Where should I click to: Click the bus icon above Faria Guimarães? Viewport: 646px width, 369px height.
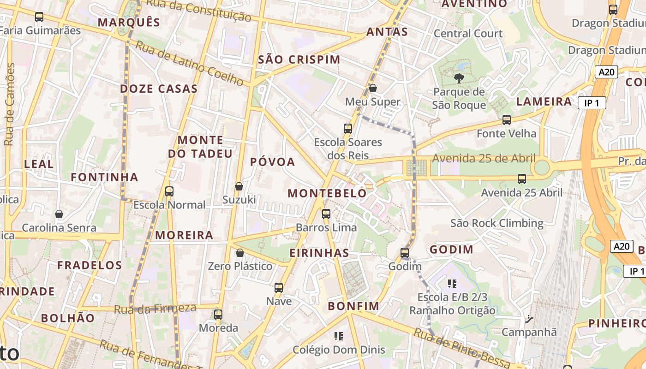pyautogui.click(x=39, y=17)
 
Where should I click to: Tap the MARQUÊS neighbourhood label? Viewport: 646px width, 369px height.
pyautogui.click(x=129, y=22)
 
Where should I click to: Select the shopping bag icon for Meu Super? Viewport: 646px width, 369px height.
pyautogui.click(x=372, y=88)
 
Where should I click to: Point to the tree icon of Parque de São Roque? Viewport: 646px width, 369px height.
pyautogui.click(x=459, y=78)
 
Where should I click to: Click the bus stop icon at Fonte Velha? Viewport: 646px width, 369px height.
pyautogui.click(x=507, y=120)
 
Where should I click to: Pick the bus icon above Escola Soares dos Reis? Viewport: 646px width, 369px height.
pyautogui.click(x=348, y=129)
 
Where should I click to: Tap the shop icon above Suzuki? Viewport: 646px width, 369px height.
pyautogui.click(x=239, y=186)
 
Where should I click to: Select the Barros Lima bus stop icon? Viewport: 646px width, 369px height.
pyautogui.click(x=326, y=214)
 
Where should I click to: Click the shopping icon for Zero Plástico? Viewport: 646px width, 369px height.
pyautogui.click(x=239, y=253)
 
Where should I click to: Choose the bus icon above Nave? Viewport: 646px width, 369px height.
pyautogui.click(x=279, y=288)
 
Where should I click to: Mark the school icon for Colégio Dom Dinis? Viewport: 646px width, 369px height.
pyautogui.click(x=339, y=336)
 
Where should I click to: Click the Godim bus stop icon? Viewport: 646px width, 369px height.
pyautogui.click(x=405, y=253)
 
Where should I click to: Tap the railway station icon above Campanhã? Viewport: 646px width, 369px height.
pyautogui.click(x=529, y=319)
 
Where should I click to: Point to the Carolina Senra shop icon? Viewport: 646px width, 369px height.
pyautogui.click(x=59, y=214)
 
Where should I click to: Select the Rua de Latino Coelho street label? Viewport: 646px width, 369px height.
pyautogui.click(x=189, y=64)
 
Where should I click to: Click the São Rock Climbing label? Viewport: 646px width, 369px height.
pyautogui.click(x=496, y=223)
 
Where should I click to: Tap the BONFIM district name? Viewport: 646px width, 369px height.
pyautogui.click(x=353, y=306)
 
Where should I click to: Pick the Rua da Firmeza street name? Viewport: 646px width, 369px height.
pyautogui.click(x=155, y=309)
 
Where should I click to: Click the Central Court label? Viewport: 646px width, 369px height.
pyautogui.click(x=468, y=33)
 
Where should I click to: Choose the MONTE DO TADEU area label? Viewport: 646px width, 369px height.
pyautogui.click(x=200, y=147)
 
